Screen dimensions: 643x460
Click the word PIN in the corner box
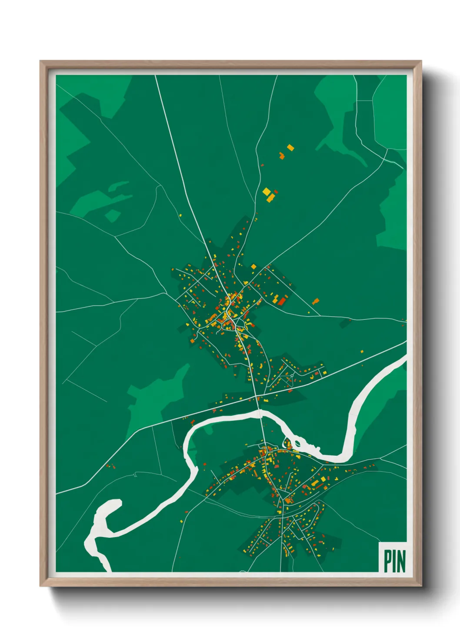pyautogui.click(x=394, y=561)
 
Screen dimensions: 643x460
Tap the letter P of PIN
pyautogui.click(x=387, y=561)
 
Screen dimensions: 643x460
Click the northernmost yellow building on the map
pyautogui.click(x=290, y=148)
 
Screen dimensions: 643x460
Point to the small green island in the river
pyautogui.click(x=298, y=444)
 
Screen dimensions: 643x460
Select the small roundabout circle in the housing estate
pyautogui.click(x=292, y=375)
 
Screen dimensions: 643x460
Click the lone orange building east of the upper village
pyautogui.click(x=316, y=301)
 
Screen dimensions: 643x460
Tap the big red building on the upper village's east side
pyautogui.click(x=282, y=301)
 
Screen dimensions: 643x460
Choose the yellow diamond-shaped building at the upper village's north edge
pyautogui.click(x=253, y=266)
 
